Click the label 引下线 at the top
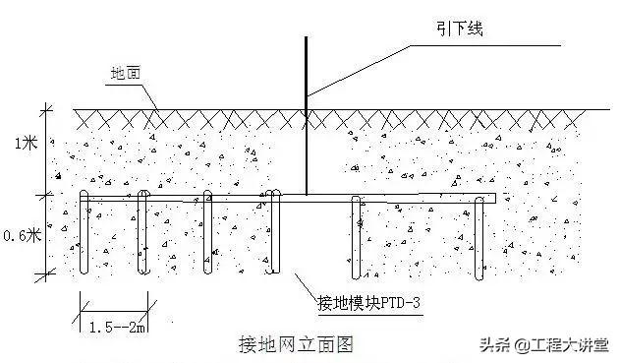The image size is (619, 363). (457, 30)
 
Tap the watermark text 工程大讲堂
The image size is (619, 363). (570, 345)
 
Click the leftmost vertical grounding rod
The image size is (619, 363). (84, 236)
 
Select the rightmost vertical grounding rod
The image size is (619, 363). (480, 236)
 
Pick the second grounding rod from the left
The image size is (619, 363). (143, 236)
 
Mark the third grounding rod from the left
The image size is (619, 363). (207, 236)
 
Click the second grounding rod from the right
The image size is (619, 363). (356, 236)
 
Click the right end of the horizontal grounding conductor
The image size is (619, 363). (494, 199)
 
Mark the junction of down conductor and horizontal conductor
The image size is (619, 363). (306, 196)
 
